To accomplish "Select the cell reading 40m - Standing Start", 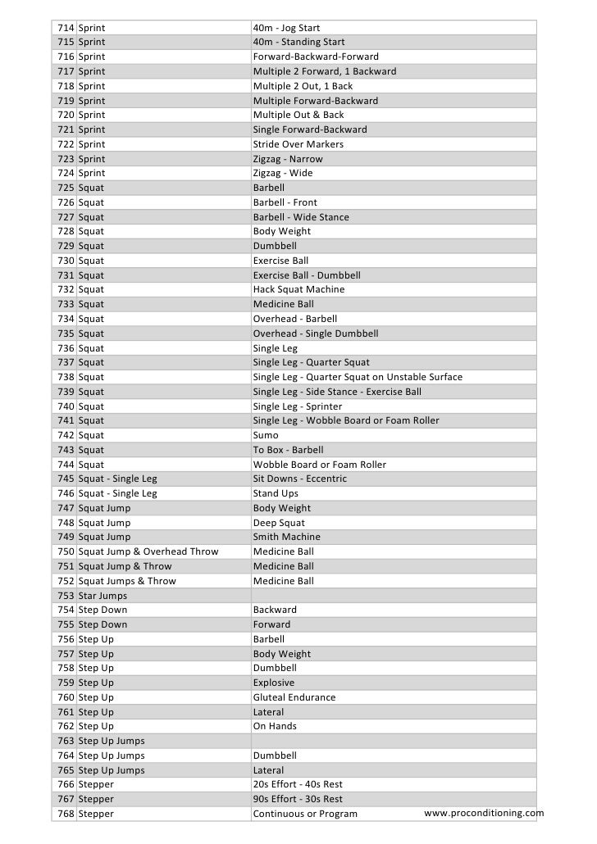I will coord(298,42).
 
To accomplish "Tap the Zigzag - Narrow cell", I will coord(288,159).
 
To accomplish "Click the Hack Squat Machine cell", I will coord(298,289).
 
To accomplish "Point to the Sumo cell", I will coord(266,435).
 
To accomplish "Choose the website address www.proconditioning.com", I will coord(484,813).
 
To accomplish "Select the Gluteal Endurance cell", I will coord(294,697).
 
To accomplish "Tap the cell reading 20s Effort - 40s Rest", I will coord(298,784).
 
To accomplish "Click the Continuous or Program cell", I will coord(305,814).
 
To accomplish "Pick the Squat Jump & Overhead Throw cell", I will coord(148,551).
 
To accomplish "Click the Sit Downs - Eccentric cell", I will coord(299,479).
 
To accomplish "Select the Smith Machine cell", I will coord(286,537).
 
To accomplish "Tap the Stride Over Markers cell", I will coord(298,144).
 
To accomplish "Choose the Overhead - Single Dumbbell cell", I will coord(315,334).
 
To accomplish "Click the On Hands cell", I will coord(275,726).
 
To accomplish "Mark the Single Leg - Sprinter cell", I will coord(298,406).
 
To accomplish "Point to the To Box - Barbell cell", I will coord(288,450).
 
